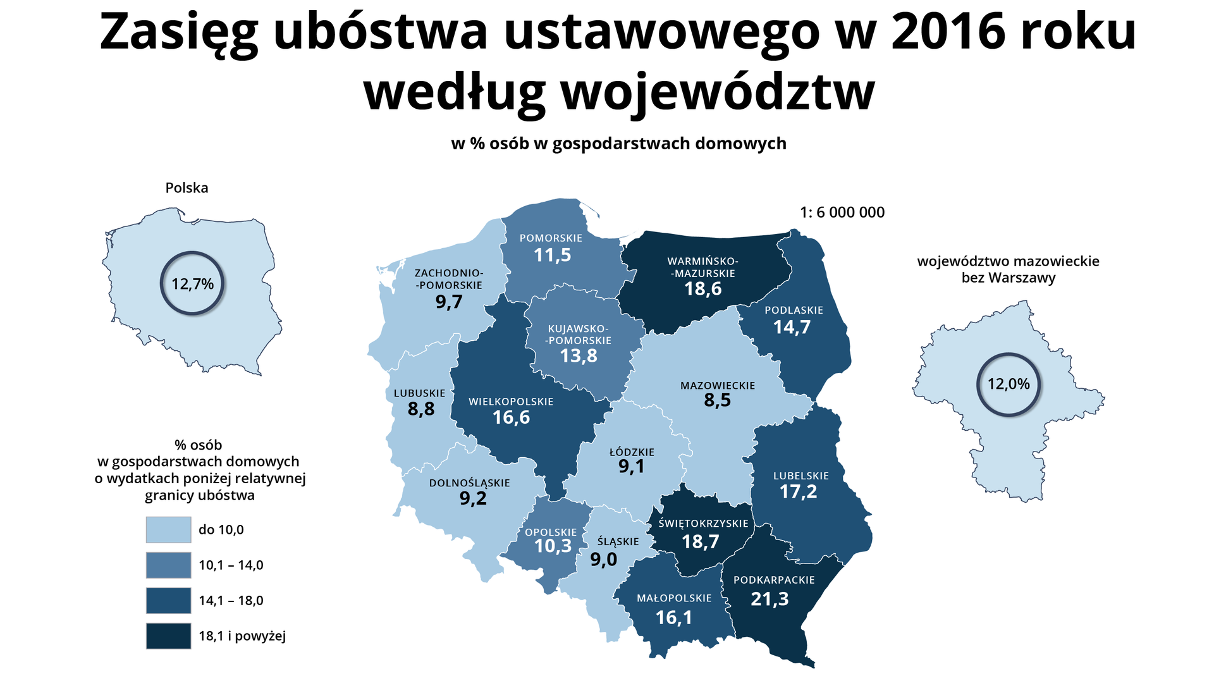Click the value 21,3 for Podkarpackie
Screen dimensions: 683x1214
[x=769, y=598]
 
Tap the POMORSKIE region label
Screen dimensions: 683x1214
[x=551, y=238]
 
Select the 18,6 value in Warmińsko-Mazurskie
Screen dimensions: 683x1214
[x=702, y=289]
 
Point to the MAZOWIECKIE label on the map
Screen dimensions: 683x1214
[x=718, y=385]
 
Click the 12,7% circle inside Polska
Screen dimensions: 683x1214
[x=192, y=283]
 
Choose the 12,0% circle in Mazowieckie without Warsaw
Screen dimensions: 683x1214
[x=1008, y=384]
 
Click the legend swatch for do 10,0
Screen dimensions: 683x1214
[x=168, y=530]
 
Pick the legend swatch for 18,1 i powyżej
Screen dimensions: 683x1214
[x=168, y=636]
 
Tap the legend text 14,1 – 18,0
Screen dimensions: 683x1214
[x=231, y=601]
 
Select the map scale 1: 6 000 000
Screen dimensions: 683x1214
[x=842, y=212]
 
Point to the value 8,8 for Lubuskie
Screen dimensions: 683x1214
[x=421, y=409]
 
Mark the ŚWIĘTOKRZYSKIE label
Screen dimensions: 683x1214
[x=703, y=524]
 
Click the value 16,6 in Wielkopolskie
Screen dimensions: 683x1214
[x=511, y=417]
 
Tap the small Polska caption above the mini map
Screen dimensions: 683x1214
[x=187, y=188]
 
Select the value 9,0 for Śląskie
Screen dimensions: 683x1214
[x=603, y=559]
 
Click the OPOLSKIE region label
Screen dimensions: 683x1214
[x=551, y=532]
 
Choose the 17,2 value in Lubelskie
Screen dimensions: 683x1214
[x=798, y=491]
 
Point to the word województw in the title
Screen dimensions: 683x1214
[x=718, y=92]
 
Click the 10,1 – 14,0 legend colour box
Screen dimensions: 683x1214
[x=168, y=565]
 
